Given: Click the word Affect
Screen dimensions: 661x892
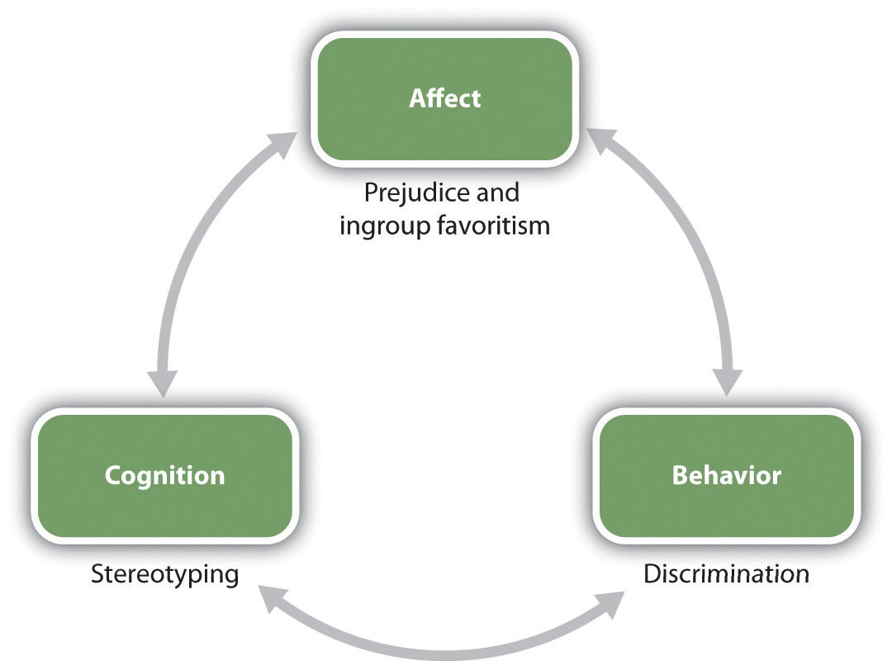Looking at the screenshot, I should click(444, 99).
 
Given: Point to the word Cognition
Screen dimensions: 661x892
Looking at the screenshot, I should click(164, 477).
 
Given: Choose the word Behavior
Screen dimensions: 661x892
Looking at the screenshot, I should click(726, 477).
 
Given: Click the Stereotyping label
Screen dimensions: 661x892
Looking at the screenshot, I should click(164, 573).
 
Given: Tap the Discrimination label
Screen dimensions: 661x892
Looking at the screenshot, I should click(726, 573).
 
